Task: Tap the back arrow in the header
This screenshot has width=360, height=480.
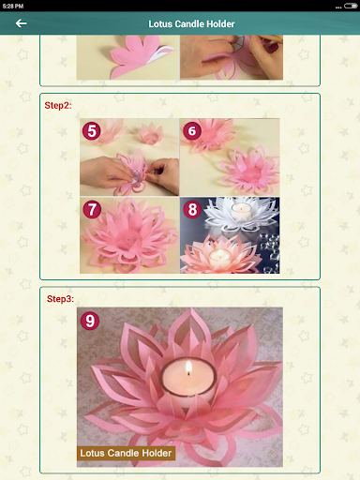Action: (x=21, y=23)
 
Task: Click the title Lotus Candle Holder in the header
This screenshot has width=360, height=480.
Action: (x=191, y=24)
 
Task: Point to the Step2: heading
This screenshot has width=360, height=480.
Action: (x=58, y=105)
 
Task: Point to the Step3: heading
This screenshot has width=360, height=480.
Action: (x=60, y=299)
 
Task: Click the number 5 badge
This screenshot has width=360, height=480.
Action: (x=91, y=131)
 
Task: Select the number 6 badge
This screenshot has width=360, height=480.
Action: (x=192, y=131)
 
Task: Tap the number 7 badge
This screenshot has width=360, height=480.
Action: (x=92, y=209)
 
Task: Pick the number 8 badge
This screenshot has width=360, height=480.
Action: (x=192, y=209)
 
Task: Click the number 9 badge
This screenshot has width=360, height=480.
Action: (x=90, y=321)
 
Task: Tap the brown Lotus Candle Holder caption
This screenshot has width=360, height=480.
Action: (x=126, y=453)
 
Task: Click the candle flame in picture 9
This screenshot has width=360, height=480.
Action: (x=188, y=367)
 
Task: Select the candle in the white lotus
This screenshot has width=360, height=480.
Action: (x=241, y=211)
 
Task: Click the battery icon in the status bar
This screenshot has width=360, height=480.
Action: (x=351, y=6)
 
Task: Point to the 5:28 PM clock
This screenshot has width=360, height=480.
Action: (x=13, y=6)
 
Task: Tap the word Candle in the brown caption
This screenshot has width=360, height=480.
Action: (x=124, y=453)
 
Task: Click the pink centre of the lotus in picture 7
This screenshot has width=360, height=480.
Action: (x=129, y=239)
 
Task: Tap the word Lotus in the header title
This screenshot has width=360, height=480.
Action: (x=160, y=24)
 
